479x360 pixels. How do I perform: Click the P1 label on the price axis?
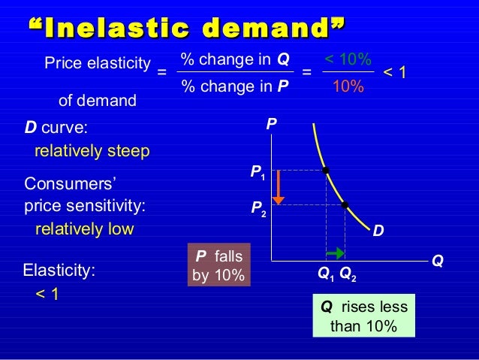[x=258, y=174]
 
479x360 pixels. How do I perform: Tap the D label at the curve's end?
[x=378, y=233]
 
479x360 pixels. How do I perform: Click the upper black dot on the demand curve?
[x=326, y=171]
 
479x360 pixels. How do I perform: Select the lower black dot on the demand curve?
[x=345, y=204]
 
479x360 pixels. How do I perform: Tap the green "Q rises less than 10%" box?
[x=363, y=316]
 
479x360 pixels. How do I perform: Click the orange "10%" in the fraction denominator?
[x=348, y=87]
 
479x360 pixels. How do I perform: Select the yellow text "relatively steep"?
[x=92, y=151]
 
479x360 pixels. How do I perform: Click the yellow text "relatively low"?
[x=84, y=228]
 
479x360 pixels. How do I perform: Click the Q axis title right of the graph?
[x=437, y=262]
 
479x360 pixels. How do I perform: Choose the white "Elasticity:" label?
[x=60, y=270]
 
